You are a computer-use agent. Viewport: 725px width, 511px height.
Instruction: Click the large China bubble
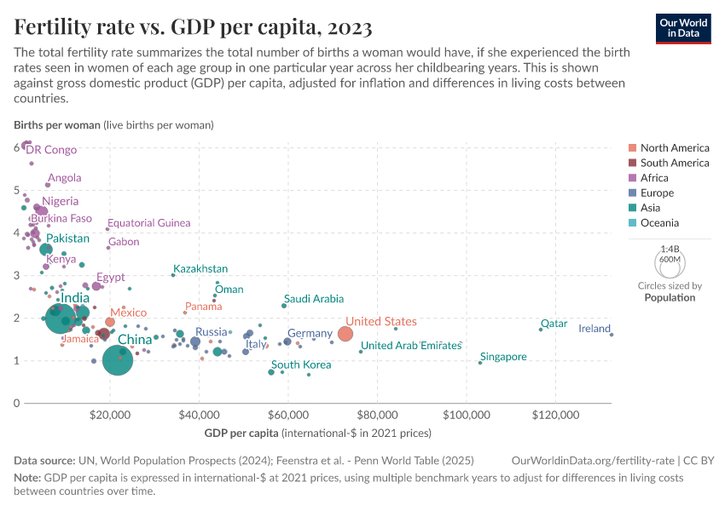point(118,360)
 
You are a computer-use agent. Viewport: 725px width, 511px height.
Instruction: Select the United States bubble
point(345,334)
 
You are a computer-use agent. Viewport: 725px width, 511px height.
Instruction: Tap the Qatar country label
point(554,324)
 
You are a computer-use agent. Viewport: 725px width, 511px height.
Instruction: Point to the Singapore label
point(503,357)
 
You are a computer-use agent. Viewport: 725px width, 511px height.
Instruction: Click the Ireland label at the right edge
point(594,329)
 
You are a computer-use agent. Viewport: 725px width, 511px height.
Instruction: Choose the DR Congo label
point(51,150)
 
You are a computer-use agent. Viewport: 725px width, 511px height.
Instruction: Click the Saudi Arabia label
point(314,299)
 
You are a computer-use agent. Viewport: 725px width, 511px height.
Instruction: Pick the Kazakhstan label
point(200,269)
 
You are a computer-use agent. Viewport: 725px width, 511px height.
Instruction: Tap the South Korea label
point(301,365)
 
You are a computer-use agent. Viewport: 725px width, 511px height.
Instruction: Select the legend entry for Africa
point(654,178)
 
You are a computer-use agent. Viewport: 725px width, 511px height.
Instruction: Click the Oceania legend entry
point(659,223)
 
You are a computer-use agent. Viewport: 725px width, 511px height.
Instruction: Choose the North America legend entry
point(674,147)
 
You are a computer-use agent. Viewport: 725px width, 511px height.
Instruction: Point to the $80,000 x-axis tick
point(377,415)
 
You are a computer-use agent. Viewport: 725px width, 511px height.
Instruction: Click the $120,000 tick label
point(555,415)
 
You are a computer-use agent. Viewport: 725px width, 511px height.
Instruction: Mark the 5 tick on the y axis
point(16,190)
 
